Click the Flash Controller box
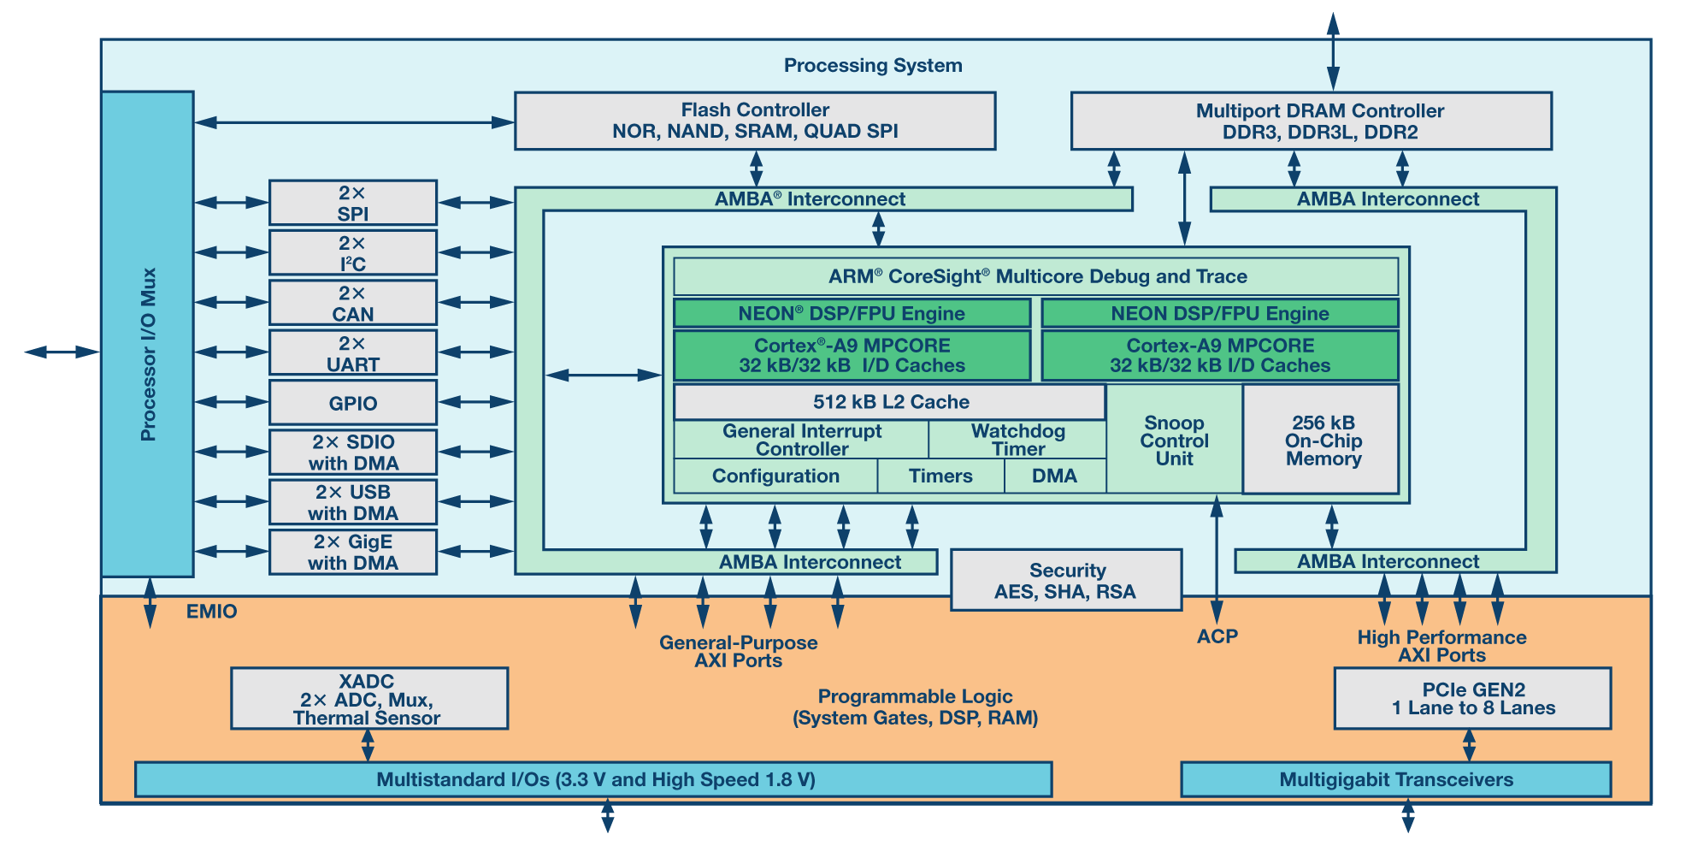click(x=754, y=121)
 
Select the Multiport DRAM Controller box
click(x=1311, y=121)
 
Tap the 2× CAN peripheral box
click(x=352, y=303)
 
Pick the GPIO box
click(x=352, y=403)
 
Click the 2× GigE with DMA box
click(x=352, y=552)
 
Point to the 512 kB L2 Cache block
click(x=889, y=402)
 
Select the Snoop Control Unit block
click(x=1174, y=441)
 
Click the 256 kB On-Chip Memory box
click(x=1321, y=440)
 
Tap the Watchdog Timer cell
click(x=1017, y=440)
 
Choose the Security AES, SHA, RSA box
click(x=1066, y=581)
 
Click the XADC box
click(x=368, y=699)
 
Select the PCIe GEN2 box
click(x=1472, y=699)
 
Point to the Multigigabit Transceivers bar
click(x=1395, y=779)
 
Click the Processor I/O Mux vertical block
click(x=147, y=334)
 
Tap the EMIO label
click(x=211, y=612)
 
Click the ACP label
click(x=1217, y=636)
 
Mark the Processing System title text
click(x=872, y=66)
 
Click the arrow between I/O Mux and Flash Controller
click(x=354, y=122)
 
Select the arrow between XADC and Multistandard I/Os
click(x=368, y=746)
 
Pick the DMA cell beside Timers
click(x=1054, y=476)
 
